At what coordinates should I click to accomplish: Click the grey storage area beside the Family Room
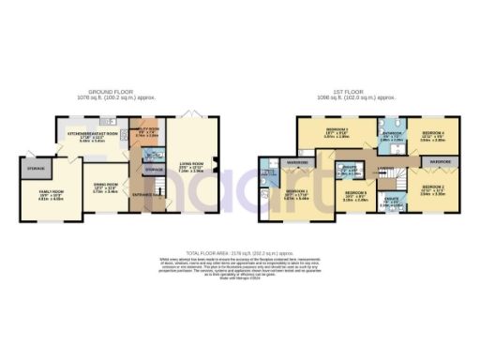[x=36, y=170]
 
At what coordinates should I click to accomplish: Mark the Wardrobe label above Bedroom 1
[x=298, y=162]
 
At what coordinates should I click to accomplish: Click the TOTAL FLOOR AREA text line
[x=240, y=254]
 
